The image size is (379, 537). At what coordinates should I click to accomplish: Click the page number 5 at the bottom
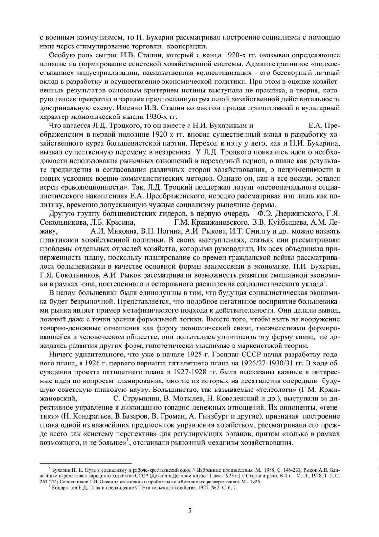(189, 510)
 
